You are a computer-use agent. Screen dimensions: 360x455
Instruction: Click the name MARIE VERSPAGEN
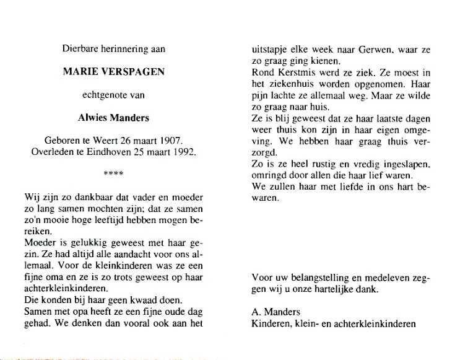click(x=114, y=72)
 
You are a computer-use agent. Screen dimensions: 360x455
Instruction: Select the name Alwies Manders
click(x=114, y=117)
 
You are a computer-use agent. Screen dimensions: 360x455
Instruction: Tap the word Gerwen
click(x=368, y=50)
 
